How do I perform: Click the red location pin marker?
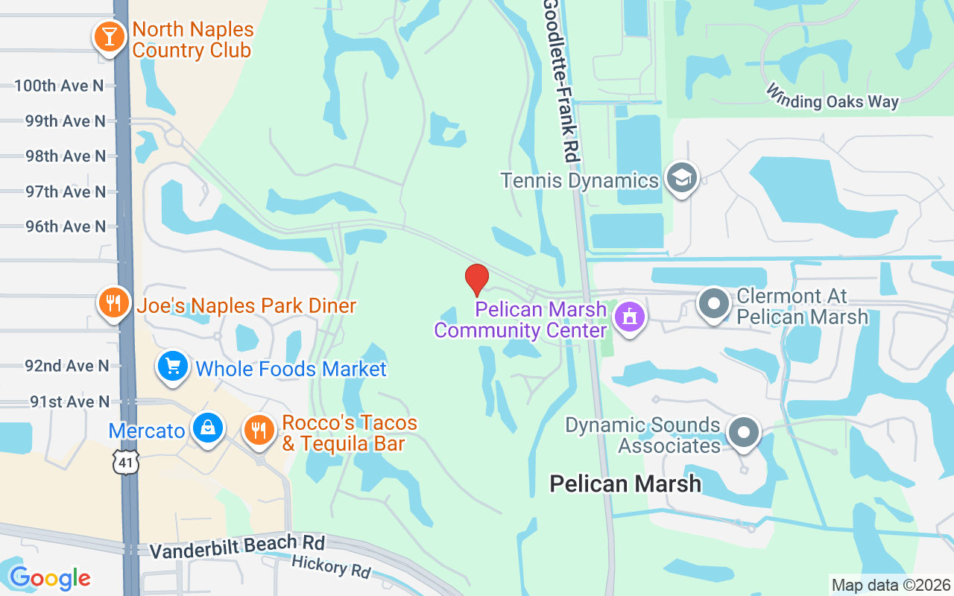pos(477,280)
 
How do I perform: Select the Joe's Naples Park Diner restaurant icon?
pos(113,303)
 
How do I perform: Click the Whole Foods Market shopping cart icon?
pos(173,367)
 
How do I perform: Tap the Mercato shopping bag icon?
pos(208,428)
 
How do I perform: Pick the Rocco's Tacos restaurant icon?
pos(259,430)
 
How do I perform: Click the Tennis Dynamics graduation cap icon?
pos(682,179)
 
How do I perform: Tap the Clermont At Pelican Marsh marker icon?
pos(714,304)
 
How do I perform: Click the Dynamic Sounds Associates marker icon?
pos(742,433)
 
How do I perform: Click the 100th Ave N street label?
pos(59,86)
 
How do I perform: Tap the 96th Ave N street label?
pos(66,226)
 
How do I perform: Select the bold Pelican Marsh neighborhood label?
pos(625,484)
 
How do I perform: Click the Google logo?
pos(50,578)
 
